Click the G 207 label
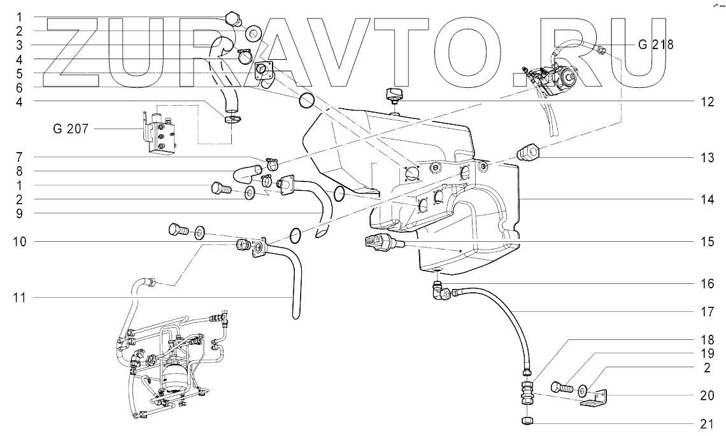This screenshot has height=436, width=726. click(71, 129)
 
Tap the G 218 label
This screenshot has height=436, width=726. click(655, 45)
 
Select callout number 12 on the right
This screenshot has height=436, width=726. click(707, 102)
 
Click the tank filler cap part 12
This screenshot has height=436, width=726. click(394, 97)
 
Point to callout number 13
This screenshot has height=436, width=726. click(707, 158)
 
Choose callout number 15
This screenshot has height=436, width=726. click(707, 242)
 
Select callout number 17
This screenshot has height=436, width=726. click(707, 312)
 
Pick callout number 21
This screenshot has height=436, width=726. click(707, 423)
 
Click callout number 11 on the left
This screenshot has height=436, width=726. click(19, 298)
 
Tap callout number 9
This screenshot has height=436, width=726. click(19, 214)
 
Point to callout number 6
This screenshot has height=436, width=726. click(19, 87)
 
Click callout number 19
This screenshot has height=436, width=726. click(707, 354)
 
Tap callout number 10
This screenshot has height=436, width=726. click(19, 242)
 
